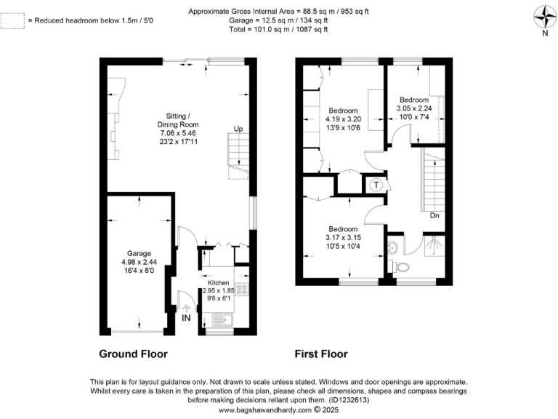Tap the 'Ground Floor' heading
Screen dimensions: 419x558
click(133, 354)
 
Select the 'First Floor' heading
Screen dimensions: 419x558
click(320, 354)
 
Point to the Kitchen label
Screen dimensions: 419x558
click(219, 282)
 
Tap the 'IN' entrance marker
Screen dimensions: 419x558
click(187, 318)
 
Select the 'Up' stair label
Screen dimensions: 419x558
click(238, 129)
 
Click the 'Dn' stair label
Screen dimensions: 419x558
click(434, 215)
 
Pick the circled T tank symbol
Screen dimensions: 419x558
click(376, 185)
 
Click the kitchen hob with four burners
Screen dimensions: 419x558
click(242, 290)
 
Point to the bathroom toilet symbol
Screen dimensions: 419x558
click(393, 247)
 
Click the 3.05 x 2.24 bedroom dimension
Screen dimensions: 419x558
click(413, 108)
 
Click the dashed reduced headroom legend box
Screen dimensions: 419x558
click(12, 20)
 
